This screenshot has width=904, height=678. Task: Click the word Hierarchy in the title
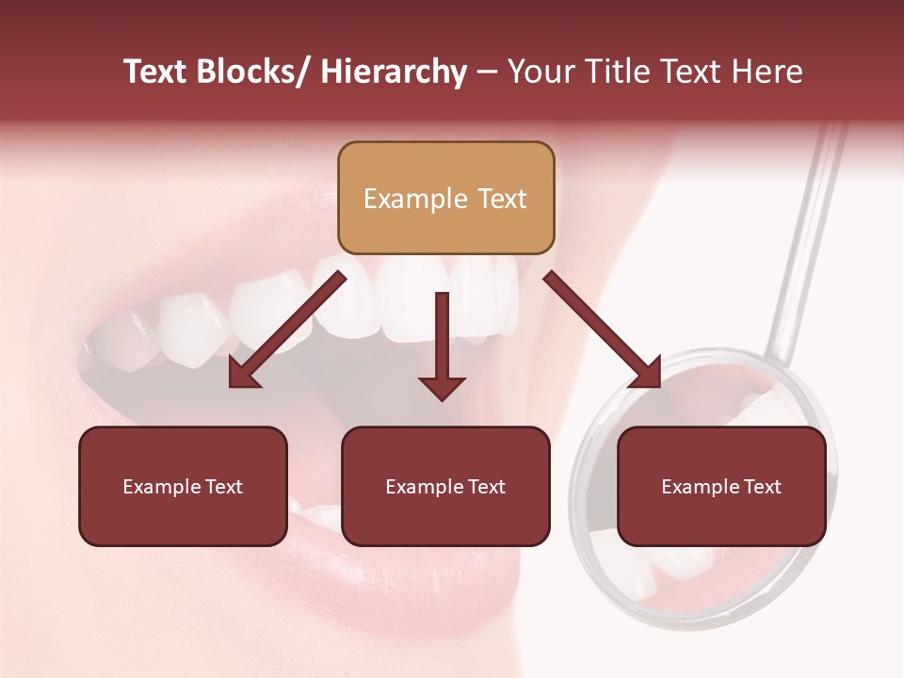pos(394,73)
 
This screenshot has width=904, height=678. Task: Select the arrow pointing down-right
pos(603,330)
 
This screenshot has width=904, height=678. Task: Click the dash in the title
pos(487,73)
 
